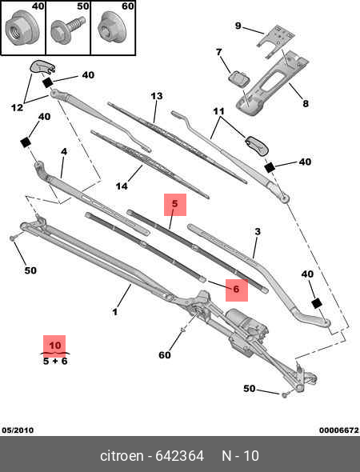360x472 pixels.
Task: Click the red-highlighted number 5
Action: [174, 205]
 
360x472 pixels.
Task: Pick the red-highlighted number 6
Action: [236, 289]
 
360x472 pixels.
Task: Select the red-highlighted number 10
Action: [54, 346]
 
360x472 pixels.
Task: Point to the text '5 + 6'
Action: [54, 361]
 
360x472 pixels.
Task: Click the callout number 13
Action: [157, 96]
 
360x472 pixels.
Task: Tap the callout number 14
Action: [122, 186]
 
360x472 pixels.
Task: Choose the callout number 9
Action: [238, 26]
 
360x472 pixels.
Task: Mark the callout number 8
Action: [304, 103]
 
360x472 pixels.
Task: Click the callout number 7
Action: [218, 53]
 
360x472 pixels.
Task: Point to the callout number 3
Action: [258, 232]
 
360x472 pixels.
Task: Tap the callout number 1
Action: [115, 312]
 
